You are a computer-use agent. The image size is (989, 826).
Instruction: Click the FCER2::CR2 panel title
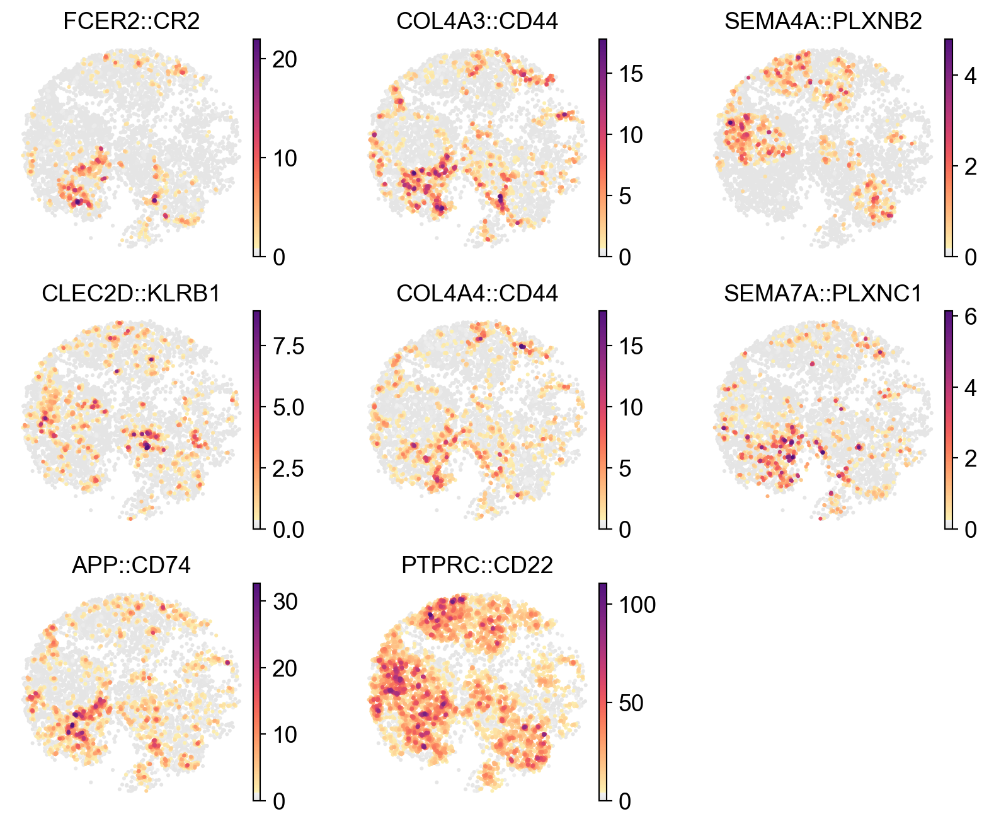[x=132, y=21]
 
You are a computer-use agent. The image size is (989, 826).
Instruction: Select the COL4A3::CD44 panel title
[x=477, y=21]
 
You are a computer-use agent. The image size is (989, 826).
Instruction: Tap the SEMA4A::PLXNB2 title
[x=823, y=21]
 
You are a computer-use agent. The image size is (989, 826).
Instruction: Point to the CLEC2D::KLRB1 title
[x=132, y=293]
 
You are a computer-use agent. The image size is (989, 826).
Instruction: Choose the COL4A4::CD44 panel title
[x=477, y=293]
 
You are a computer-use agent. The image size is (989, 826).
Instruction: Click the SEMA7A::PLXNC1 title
[x=823, y=293]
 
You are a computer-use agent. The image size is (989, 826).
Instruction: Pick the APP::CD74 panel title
[x=132, y=565]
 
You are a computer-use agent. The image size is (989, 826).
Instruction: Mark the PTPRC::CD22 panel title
[x=477, y=565]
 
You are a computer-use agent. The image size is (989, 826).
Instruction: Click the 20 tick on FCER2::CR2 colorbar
[x=283, y=59]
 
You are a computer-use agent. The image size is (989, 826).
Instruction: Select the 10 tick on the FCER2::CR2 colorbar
[x=283, y=158]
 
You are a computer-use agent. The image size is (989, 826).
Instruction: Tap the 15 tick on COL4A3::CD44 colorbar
[x=629, y=74]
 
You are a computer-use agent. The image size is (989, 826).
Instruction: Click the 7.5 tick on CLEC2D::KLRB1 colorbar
[x=287, y=346]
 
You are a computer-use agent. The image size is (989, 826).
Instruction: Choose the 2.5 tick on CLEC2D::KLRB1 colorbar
[x=287, y=468]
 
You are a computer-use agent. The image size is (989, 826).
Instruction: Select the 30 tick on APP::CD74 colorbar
[x=283, y=602]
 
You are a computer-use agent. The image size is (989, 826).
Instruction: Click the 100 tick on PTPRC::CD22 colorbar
[x=636, y=605]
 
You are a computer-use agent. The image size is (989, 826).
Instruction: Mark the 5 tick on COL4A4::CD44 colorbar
[x=624, y=468]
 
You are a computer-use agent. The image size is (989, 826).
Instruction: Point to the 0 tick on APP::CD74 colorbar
[x=278, y=801]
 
